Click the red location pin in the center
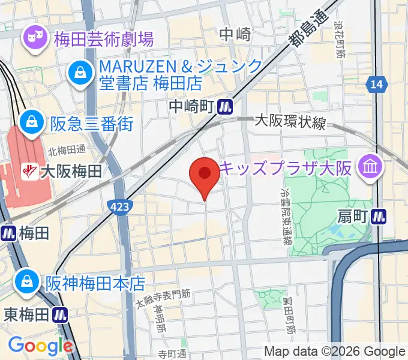pos(205,175)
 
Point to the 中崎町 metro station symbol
pos(225,106)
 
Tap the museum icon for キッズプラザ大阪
pos(370,166)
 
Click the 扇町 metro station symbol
pos(379,215)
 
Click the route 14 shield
pos(376,85)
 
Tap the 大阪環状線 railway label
pos(290,122)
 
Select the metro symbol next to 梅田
pos(8,233)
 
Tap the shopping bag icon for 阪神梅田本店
pos(28,280)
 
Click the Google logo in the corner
pos(40,346)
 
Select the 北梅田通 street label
pos(67,150)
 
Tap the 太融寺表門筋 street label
pos(163,299)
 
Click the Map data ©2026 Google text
pos(335,352)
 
